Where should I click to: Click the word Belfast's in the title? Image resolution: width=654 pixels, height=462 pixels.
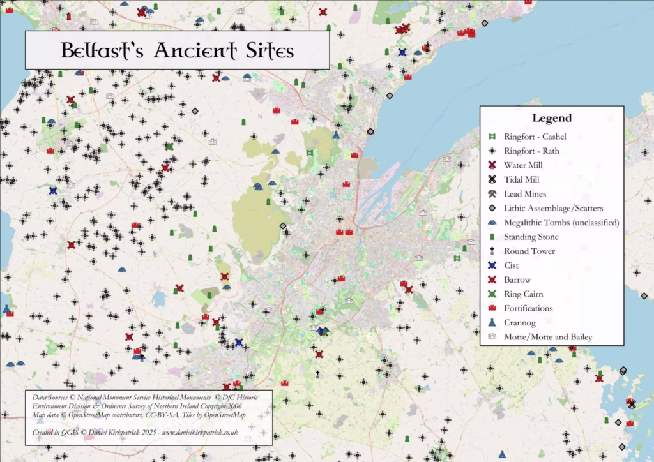click(103, 50)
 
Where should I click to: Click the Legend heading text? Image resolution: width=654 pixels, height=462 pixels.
click(551, 118)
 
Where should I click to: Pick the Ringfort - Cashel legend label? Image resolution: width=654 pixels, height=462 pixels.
click(535, 137)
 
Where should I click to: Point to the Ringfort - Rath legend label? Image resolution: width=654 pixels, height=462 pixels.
click(532, 151)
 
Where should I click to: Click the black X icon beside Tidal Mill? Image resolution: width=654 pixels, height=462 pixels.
click(492, 180)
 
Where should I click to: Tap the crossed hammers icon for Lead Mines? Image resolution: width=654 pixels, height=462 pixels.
click(492, 194)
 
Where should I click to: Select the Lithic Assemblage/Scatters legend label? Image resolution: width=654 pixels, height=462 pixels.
click(553, 208)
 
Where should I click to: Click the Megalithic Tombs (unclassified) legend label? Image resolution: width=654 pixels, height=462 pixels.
click(561, 223)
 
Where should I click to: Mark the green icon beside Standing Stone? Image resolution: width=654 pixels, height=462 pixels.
click(492, 237)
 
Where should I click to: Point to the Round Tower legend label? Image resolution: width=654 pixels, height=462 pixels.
click(529, 251)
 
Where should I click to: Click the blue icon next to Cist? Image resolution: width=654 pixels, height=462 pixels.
click(492, 265)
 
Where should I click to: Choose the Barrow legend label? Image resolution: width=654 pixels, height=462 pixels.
click(517, 279)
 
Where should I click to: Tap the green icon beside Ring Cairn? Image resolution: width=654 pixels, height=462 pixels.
click(492, 294)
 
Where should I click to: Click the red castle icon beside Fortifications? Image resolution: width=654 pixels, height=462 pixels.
click(492, 308)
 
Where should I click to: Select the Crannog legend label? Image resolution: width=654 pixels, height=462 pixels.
click(519, 322)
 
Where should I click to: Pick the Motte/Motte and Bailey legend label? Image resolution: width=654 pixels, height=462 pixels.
click(547, 337)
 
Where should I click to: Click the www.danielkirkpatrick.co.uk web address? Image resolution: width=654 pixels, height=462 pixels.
click(200, 432)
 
